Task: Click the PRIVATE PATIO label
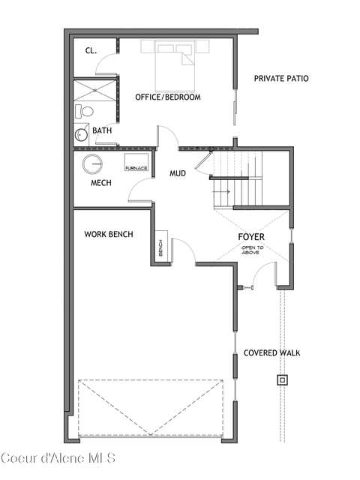pos(281,78)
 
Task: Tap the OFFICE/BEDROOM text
pos(168,97)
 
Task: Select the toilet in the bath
pos(84,111)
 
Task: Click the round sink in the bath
pos(81,134)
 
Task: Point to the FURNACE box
pos(136,162)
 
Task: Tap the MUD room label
pos(178,173)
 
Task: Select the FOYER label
pos(251,237)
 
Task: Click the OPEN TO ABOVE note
pos(251,250)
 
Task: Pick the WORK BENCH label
pos(109,235)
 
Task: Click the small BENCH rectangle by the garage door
pos(161,247)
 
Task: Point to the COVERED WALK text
pos(271,353)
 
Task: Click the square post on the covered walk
pos(282,380)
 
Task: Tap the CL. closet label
pos(91,51)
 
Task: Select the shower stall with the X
pos(95,90)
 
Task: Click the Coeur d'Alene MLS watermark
pos(58,458)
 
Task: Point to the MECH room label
pos(101,183)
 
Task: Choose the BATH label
pos(102,130)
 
